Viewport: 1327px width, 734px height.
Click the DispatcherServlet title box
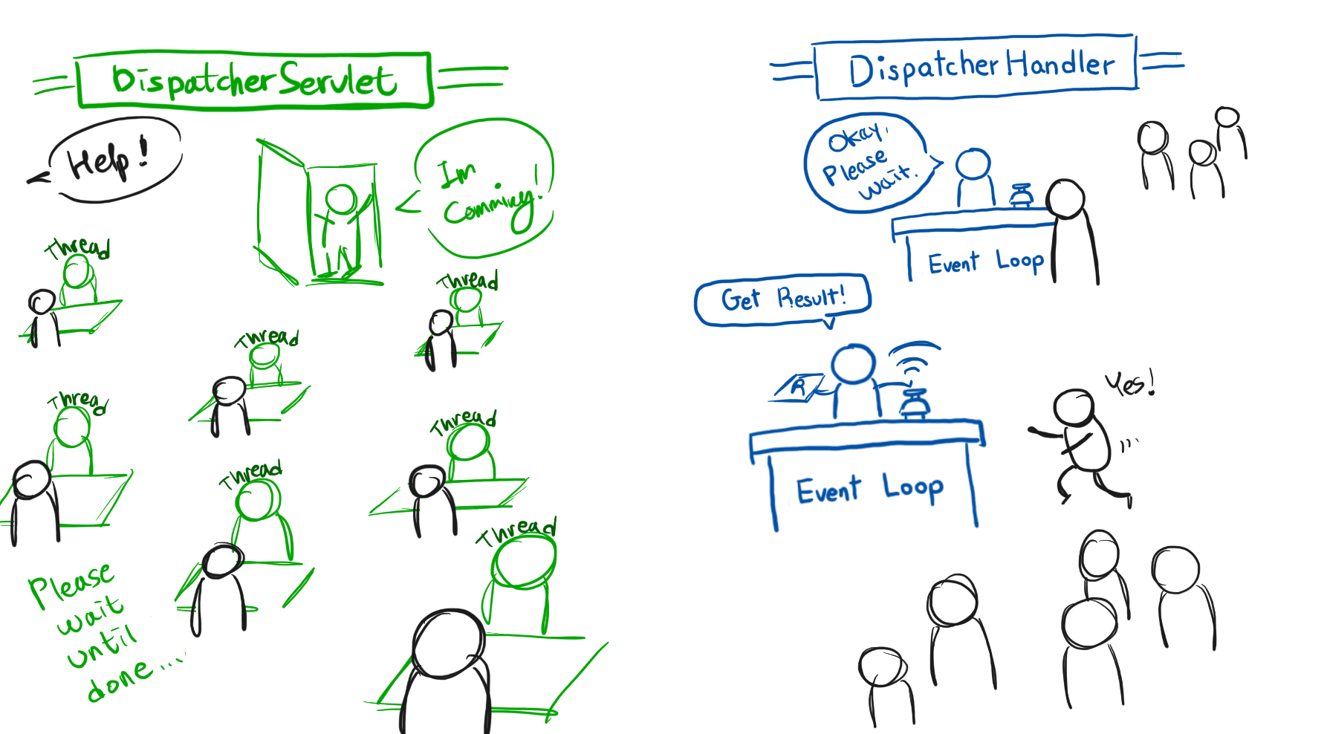point(254,80)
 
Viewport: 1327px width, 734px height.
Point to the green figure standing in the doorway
point(340,227)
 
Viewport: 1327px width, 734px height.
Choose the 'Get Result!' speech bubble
point(782,299)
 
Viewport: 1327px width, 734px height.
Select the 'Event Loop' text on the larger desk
point(869,490)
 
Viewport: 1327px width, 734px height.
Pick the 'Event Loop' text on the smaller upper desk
point(986,262)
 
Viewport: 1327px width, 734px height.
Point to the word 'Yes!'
point(1129,384)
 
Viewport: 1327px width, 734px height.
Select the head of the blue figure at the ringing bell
point(854,364)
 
